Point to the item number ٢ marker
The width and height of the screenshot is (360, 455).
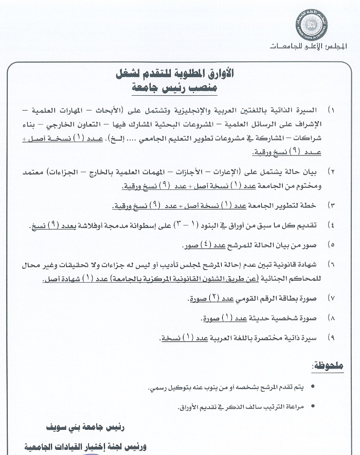tap(331, 170)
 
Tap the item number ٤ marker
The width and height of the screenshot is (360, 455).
tap(332, 225)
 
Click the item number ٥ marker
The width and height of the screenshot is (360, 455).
tap(332, 245)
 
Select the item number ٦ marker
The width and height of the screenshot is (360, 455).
tap(332, 264)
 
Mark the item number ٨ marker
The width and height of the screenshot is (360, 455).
tap(332, 319)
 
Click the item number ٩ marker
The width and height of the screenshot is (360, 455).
tap(332, 338)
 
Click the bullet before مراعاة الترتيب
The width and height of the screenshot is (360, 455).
tap(314, 407)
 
